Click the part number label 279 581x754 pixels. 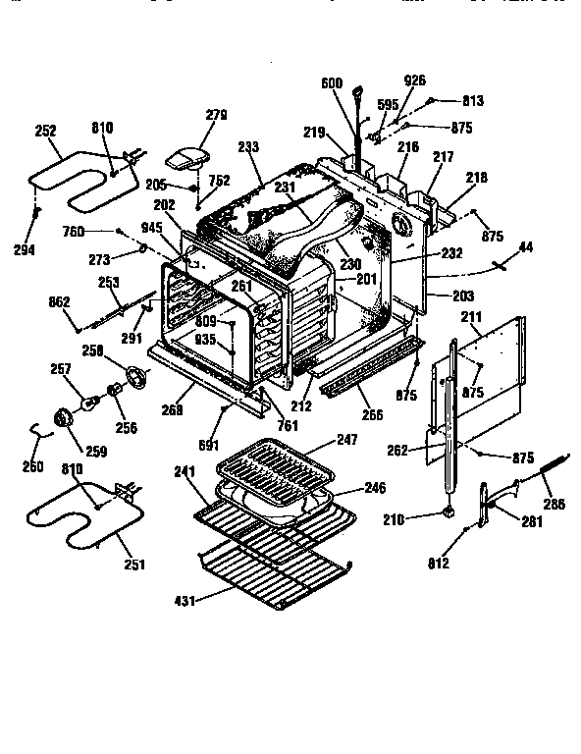click(215, 115)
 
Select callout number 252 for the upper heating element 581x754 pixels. click(45, 130)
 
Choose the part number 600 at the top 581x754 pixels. click(332, 84)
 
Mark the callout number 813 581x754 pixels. click(474, 100)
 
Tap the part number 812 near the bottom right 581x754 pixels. click(439, 564)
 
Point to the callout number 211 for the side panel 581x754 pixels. click(471, 316)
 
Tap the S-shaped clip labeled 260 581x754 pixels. click(38, 430)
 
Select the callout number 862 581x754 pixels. click(60, 301)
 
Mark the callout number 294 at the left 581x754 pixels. click(25, 250)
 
